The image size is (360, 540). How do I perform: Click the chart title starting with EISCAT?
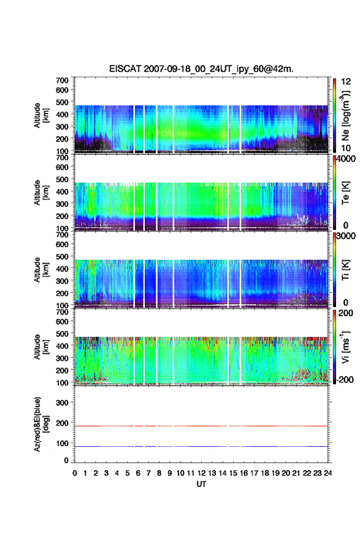coord(201,69)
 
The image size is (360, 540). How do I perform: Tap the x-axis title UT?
coord(201,484)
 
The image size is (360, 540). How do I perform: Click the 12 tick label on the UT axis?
coord(201,473)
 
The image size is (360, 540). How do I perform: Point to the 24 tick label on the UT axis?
coord(327,473)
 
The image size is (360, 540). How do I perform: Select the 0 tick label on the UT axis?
coord(75,473)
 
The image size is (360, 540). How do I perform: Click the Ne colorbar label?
coord(345,116)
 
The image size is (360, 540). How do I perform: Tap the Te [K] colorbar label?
coord(345,193)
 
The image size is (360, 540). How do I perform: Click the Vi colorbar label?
coord(345,347)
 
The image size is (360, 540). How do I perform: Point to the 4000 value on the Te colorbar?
coord(346,160)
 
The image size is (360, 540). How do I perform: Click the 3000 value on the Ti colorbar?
coord(346,236)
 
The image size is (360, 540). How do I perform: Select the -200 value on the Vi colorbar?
coord(345,379)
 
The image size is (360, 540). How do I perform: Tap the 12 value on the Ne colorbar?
coord(345,82)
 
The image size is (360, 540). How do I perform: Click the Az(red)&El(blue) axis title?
coord(40,424)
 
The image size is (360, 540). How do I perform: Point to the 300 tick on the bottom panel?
coord(63,403)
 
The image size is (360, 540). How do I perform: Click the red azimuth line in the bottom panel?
coord(201,426)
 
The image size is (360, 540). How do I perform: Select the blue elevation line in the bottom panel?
coord(201,446)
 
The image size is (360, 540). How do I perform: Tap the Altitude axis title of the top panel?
coord(40,115)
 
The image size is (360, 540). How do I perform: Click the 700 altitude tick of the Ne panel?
coord(63,80)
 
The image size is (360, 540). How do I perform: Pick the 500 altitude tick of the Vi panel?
coord(63,334)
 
